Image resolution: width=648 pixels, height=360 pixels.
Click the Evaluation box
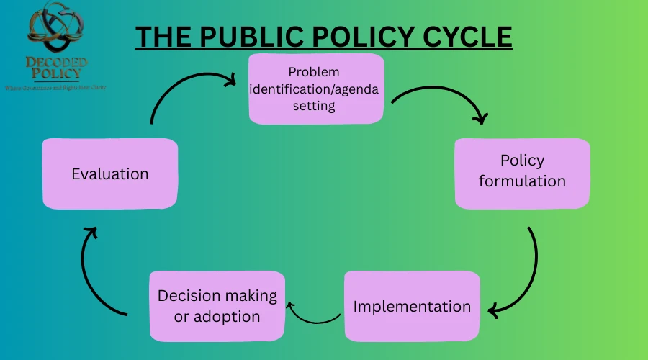109,174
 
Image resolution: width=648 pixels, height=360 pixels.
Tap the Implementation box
412,305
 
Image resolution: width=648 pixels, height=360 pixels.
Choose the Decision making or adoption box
217,305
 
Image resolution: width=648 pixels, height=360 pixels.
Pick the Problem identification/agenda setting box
316,89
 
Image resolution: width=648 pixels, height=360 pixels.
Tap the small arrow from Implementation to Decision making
313,315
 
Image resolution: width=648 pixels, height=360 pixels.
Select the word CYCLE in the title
465,37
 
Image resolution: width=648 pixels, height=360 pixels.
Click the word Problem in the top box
314,72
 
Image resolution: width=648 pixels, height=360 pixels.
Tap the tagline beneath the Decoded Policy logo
56,87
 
